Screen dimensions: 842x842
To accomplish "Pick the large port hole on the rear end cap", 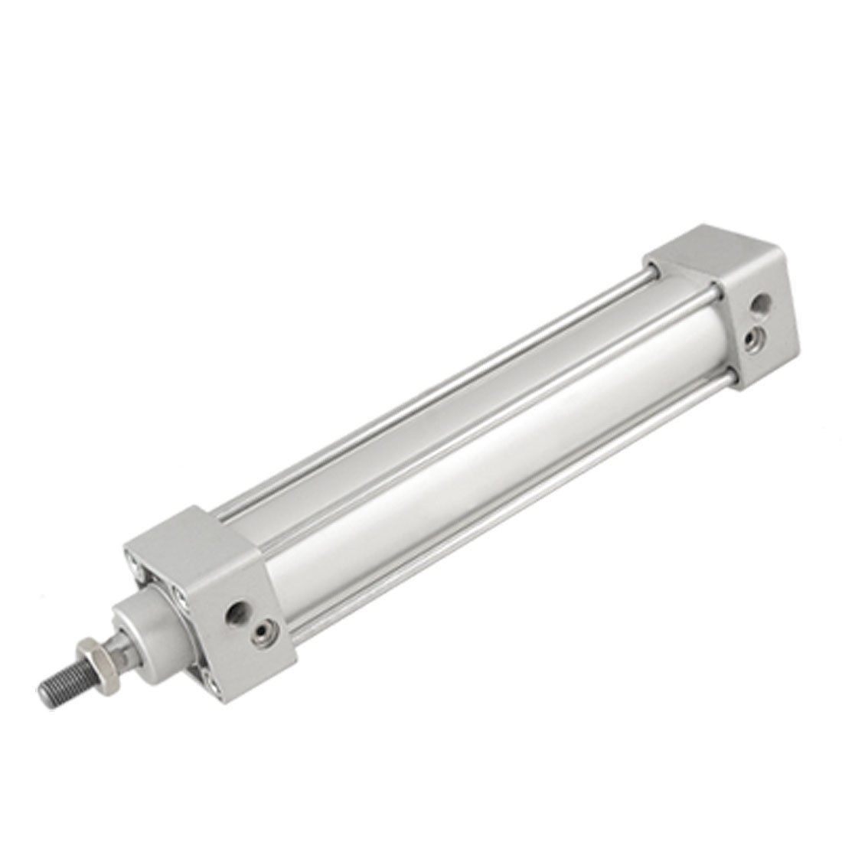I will [759, 307].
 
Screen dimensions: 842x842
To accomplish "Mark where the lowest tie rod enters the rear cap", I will [732, 377].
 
